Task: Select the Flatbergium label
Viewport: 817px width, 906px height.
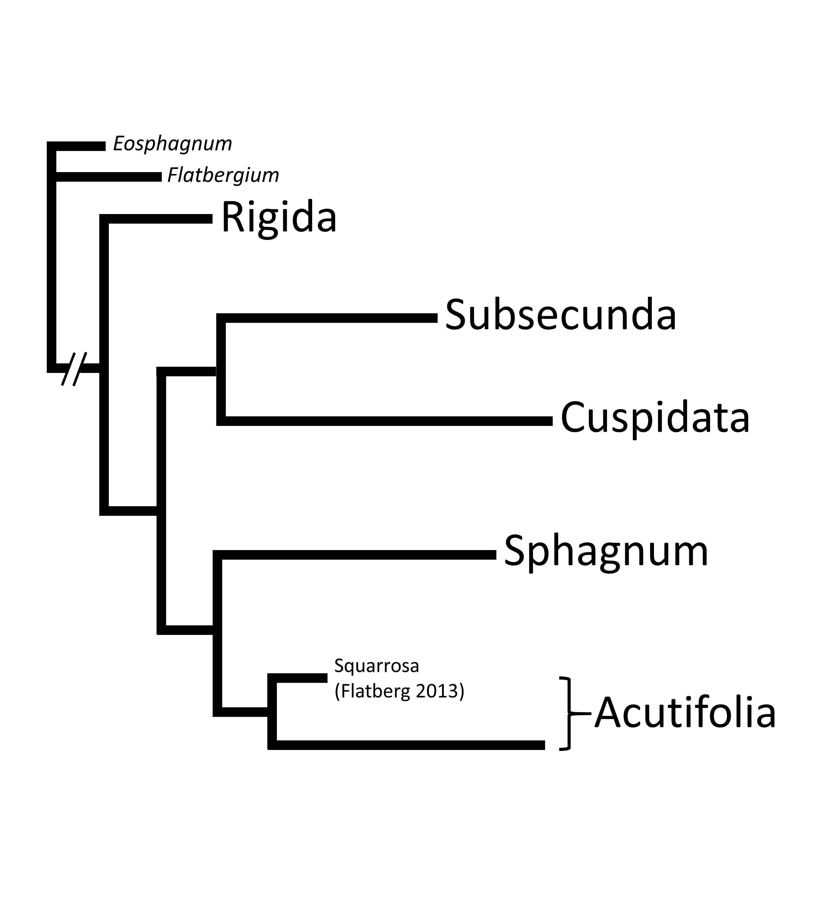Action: pos(223,175)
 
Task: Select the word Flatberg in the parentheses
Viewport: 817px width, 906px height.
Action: pos(375,691)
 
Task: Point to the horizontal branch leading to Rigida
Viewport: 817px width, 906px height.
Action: pos(157,219)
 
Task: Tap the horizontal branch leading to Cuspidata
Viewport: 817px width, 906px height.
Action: pos(386,420)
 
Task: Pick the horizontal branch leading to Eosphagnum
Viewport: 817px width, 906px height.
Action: pos(79,146)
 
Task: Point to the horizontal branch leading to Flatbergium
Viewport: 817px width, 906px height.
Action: pos(108,177)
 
